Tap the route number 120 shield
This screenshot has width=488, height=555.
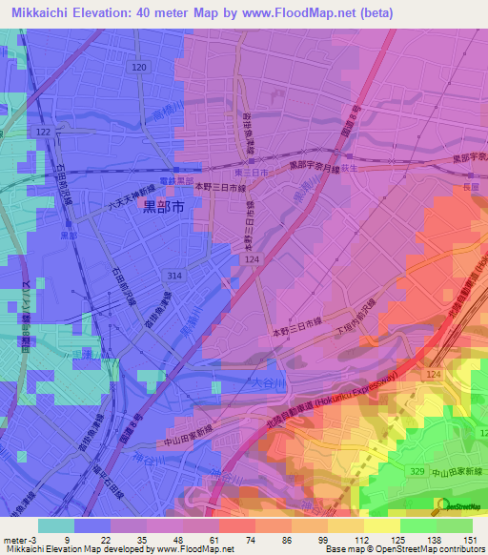coord(139,68)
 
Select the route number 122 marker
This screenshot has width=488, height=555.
coord(41,131)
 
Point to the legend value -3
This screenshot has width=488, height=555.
coord(32,539)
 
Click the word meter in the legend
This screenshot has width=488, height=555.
coord(13,539)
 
